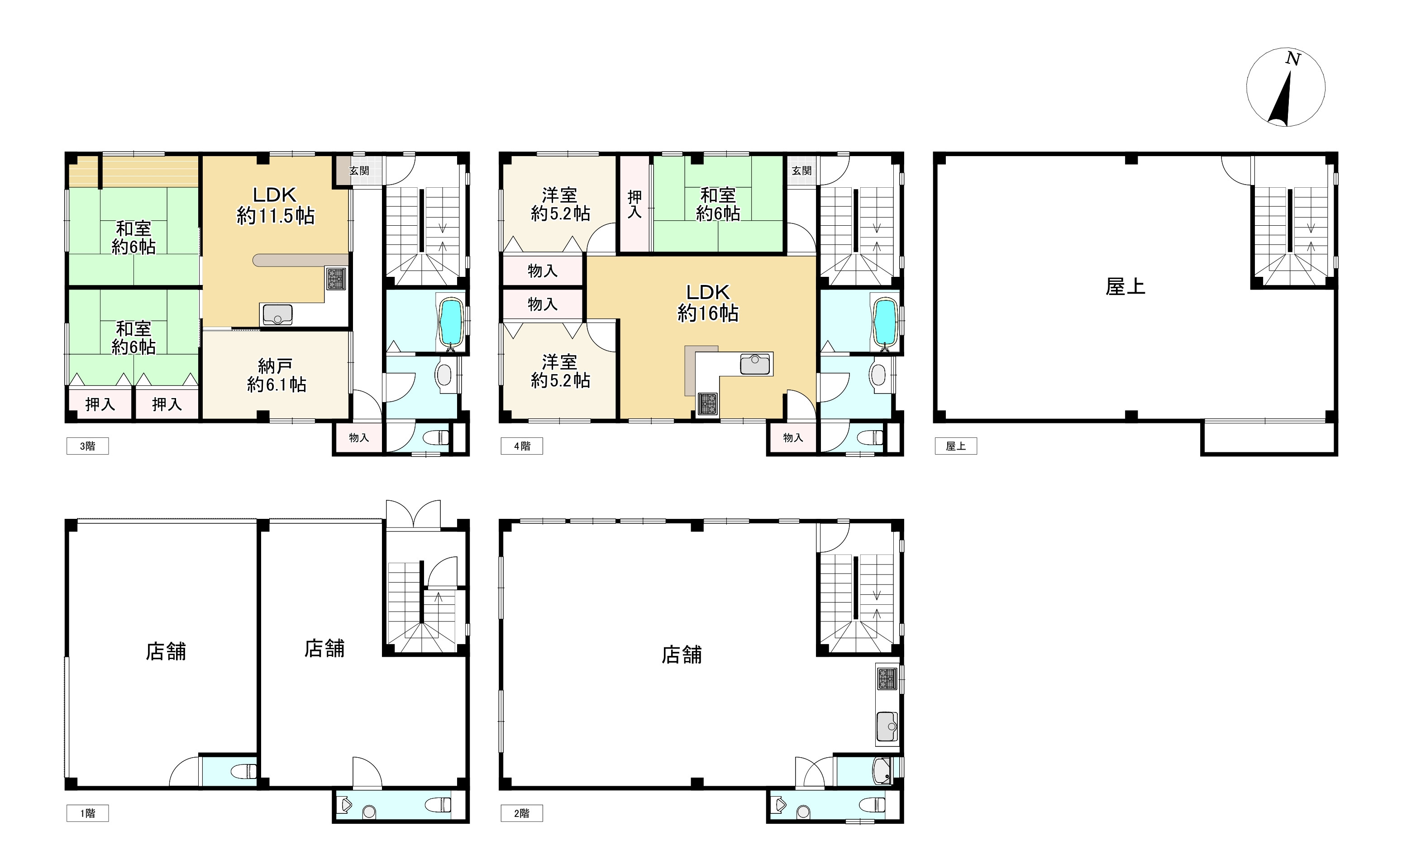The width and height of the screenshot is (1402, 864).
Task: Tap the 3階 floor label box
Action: coord(87,446)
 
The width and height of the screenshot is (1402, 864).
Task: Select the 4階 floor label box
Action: coord(522,446)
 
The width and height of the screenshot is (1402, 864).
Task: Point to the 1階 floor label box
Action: coord(87,813)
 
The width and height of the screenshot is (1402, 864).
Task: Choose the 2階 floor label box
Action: coord(522,813)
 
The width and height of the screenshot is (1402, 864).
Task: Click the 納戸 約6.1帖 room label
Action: coord(276,375)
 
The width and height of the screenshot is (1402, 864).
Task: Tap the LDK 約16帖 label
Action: coord(708,303)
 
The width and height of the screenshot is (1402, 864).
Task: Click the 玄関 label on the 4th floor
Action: coord(801,170)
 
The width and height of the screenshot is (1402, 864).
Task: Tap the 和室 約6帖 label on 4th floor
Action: coord(718,204)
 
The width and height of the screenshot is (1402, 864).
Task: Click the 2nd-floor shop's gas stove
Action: coord(887,678)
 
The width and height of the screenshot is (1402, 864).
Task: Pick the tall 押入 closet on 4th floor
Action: coord(634,204)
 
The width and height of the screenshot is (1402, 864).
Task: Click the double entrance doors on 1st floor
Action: coord(413,515)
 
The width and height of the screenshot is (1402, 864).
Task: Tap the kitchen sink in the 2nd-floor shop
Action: coord(887,726)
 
